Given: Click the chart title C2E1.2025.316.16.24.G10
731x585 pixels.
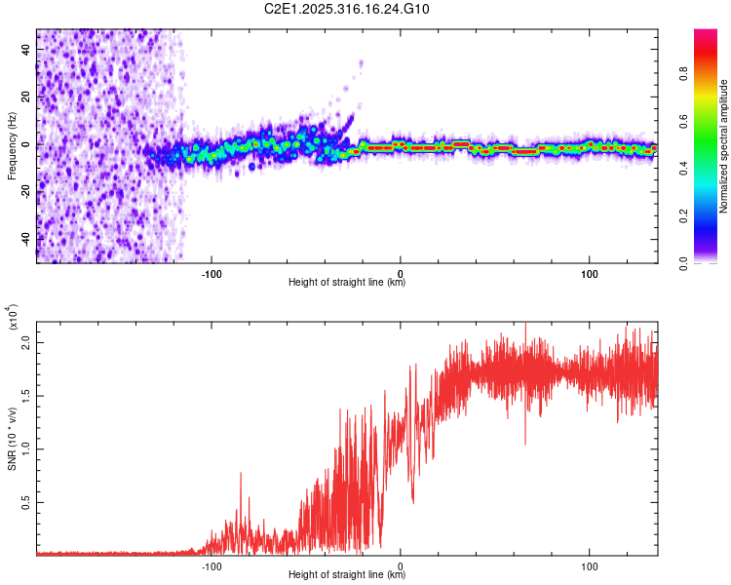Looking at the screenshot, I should click(362, 10).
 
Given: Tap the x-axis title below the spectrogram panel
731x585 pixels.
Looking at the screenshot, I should click(347, 283).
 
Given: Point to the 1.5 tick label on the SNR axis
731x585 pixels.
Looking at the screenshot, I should click(26, 397).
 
